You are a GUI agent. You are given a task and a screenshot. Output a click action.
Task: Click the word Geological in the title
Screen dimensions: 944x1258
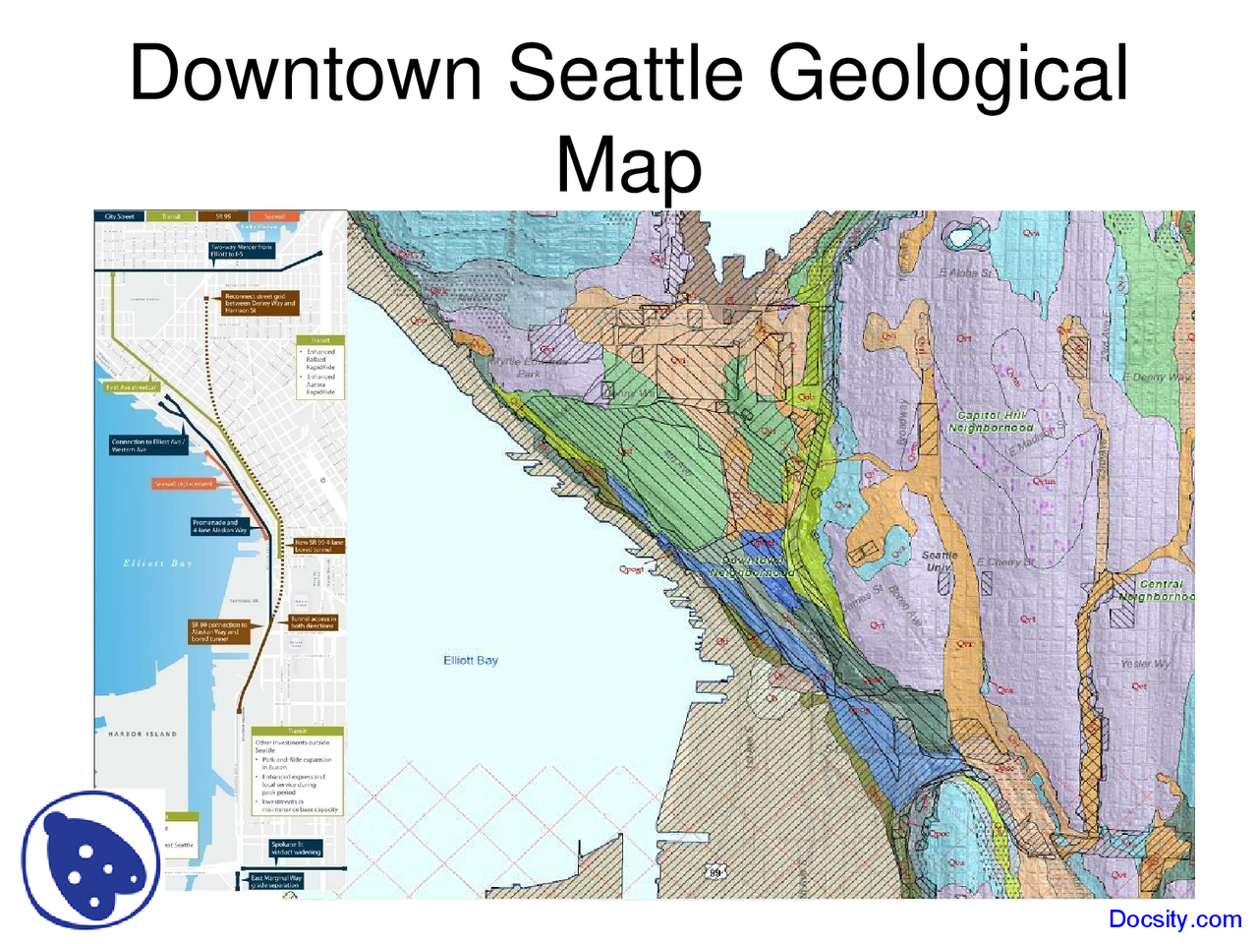click(x=948, y=74)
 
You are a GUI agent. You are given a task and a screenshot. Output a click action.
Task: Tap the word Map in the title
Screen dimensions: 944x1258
click(x=629, y=165)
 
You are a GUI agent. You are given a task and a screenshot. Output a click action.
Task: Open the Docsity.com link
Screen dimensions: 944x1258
click(x=1174, y=919)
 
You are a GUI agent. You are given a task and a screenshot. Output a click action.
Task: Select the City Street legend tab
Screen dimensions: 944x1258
click(x=120, y=216)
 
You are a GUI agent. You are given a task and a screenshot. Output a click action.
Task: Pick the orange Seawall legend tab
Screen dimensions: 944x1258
click(x=274, y=216)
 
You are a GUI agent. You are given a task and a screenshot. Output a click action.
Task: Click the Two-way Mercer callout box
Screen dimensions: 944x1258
click(x=241, y=251)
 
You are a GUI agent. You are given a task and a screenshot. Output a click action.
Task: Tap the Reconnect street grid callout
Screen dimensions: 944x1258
click(x=260, y=303)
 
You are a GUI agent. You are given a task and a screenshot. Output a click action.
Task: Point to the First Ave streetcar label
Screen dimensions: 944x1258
click(x=132, y=387)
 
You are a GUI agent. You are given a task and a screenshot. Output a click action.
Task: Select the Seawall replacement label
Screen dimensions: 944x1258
click(x=184, y=484)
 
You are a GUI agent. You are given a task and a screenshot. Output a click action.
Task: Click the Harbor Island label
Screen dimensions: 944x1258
click(x=143, y=734)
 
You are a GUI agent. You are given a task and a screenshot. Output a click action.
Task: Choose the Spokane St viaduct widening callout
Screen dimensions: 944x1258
click(x=295, y=848)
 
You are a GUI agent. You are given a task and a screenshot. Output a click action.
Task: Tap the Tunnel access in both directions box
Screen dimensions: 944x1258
click(x=314, y=622)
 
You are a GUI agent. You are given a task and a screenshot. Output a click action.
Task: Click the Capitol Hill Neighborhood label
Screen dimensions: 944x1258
click(x=991, y=422)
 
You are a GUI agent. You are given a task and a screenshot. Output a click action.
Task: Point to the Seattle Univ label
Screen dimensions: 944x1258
click(x=939, y=560)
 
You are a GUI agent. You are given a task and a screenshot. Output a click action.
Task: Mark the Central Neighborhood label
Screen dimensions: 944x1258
click(x=1157, y=590)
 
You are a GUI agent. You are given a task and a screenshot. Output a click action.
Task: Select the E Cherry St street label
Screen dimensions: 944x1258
click(x=1005, y=562)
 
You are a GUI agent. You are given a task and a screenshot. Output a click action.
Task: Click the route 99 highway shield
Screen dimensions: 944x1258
click(x=715, y=871)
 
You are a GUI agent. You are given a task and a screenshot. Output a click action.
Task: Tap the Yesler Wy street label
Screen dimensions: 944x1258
click(x=1145, y=664)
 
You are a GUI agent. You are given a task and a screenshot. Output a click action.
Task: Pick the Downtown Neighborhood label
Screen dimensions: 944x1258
click(x=753, y=566)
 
